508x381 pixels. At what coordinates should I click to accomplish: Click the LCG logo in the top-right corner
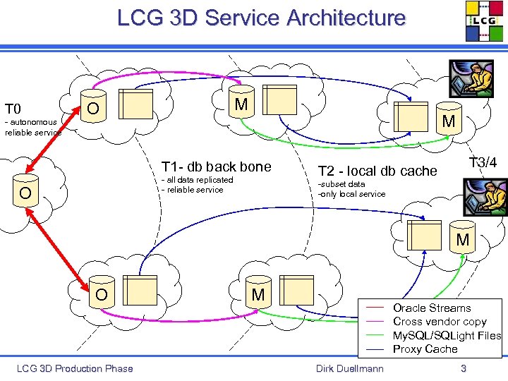tap(485, 21)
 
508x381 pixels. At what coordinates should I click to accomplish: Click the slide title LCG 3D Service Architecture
tap(261, 18)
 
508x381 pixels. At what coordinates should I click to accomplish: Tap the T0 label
tap(13, 109)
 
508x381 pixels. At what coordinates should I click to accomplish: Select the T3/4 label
tap(483, 163)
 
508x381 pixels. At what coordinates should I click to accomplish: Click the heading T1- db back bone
tap(216, 167)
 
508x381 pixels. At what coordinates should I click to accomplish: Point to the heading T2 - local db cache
tap(377, 171)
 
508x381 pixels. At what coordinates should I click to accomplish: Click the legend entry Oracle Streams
tap(431, 308)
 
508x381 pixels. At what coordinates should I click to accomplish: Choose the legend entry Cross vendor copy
tap(440, 321)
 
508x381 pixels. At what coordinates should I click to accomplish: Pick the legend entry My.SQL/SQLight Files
tap(447, 335)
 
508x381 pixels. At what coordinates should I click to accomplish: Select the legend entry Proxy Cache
tap(425, 349)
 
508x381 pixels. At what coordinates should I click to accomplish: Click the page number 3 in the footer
tap(463, 368)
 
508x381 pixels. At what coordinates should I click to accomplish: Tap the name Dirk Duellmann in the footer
tap(350, 368)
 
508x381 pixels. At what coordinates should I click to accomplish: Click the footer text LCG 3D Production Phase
tap(75, 368)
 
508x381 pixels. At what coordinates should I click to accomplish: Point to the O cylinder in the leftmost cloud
tap(25, 193)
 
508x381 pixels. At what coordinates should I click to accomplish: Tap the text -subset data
tap(341, 184)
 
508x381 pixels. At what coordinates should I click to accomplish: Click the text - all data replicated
tap(198, 180)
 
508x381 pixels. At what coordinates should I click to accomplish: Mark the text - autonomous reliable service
tap(32, 127)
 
